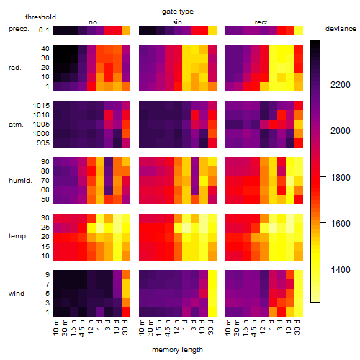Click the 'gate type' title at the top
click(178, 12)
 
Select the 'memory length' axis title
click(177, 350)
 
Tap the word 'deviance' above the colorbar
click(341, 29)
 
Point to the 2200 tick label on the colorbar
click(341, 84)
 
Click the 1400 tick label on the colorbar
click(341, 270)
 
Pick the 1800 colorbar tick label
click(341, 178)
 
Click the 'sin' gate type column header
click(177, 22)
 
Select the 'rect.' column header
click(262, 22)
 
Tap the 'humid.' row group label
click(20, 180)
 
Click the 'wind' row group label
click(17, 293)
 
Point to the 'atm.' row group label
click(16, 125)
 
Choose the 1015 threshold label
click(41, 105)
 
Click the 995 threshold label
click(43, 143)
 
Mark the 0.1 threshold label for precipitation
click(44, 30)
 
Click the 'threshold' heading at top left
click(40, 17)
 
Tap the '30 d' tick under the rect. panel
click(297, 328)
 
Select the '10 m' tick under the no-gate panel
click(55, 328)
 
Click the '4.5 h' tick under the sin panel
click(168, 328)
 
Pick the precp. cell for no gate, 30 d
click(126, 30)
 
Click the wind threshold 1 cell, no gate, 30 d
click(126, 312)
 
